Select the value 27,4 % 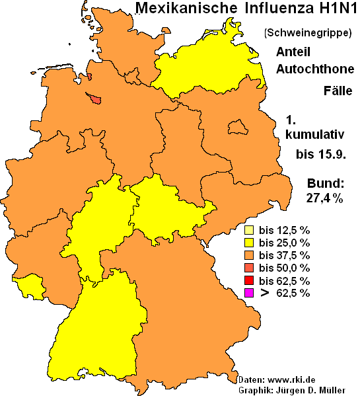(x=324, y=198)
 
